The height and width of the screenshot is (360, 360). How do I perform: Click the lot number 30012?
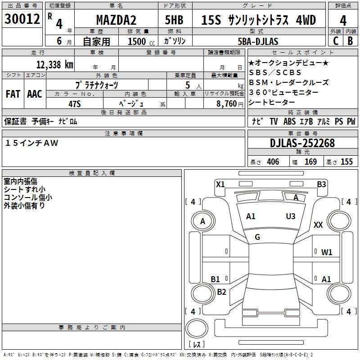coord(22,19)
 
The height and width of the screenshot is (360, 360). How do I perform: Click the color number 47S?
coord(74,103)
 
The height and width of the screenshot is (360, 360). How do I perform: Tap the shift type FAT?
coord(13,94)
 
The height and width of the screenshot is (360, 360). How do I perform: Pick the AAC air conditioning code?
coord(35,94)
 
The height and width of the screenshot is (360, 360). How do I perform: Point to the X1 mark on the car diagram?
coord(220,184)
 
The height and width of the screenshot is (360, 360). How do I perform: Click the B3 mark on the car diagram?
coord(321,184)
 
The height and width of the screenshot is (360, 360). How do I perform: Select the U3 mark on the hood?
coord(291,216)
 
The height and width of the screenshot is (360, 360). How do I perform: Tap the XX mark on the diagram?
coord(318,225)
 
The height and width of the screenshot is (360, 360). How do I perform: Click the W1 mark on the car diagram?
coord(327,252)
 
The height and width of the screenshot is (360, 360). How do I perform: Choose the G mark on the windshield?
coord(257,237)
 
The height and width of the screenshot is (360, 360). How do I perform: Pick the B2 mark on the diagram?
coord(221,292)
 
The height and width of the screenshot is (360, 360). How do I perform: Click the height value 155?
coord(346,162)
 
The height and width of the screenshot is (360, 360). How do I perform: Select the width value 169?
coord(310,162)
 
